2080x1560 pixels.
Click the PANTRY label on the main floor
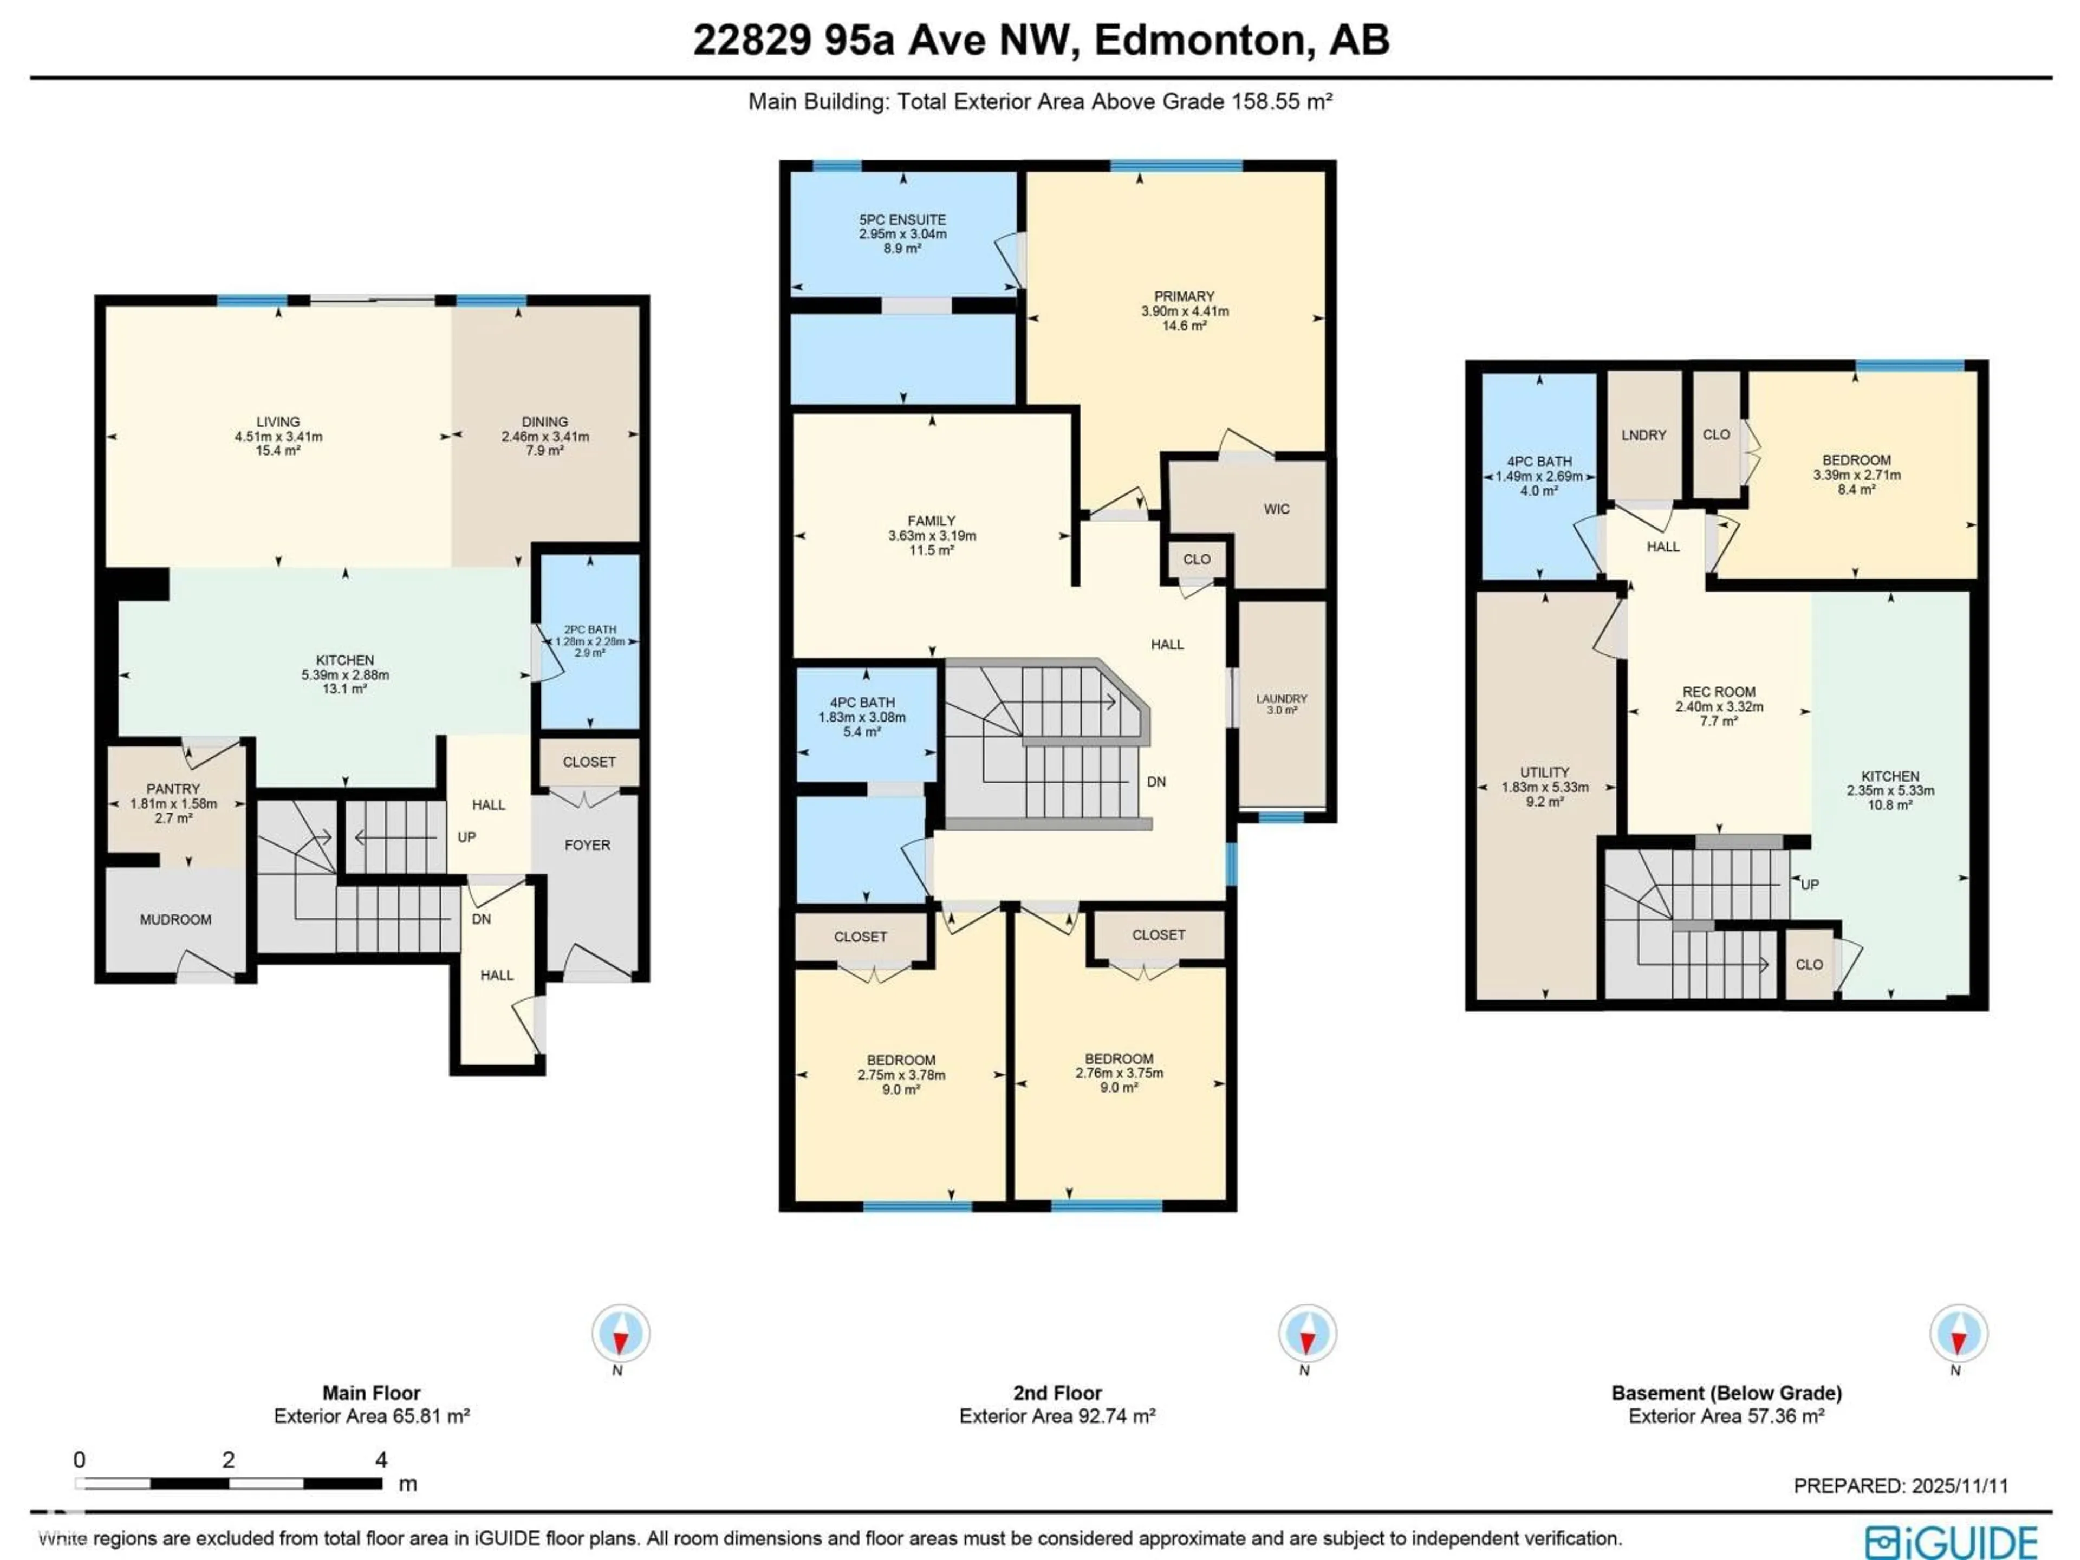tap(173, 789)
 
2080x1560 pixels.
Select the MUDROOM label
tap(176, 920)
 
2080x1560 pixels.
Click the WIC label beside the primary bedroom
tap(1276, 509)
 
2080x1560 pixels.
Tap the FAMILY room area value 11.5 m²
tap(931, 550)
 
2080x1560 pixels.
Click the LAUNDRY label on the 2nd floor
tap(1280, 699)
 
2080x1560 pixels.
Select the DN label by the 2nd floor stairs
tap(1156, 782)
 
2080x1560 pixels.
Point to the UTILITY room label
tap(1544, 772)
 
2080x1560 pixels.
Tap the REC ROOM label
tap(1719, 691)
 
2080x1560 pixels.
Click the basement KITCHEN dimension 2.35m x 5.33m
tap(1889, 791)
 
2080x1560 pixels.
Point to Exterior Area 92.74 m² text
tap(1056, 1416)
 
